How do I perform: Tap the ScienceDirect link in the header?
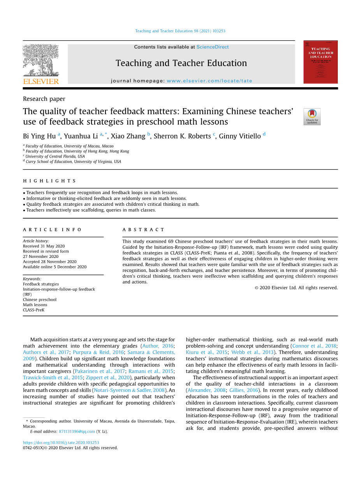[x=212, y=47]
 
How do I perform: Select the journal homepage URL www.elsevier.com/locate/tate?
[x=209, y=81]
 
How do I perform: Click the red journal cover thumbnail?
[x=320, y=62]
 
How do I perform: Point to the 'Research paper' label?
[x=44, y=99]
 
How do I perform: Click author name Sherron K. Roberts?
[x=182, y=136]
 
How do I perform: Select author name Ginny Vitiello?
[x=240, y=136]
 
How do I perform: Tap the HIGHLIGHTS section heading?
[x=49, y=181]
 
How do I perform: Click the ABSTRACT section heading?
[x=144, y=230]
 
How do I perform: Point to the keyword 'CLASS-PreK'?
[x=34, y=310]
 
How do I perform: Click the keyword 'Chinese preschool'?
[x=40, y=300]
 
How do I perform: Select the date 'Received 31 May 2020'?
[x=44, y=246]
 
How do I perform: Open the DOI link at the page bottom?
[x=61, y=443]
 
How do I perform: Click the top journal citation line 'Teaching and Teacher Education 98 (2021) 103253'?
[x=180, y=31]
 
